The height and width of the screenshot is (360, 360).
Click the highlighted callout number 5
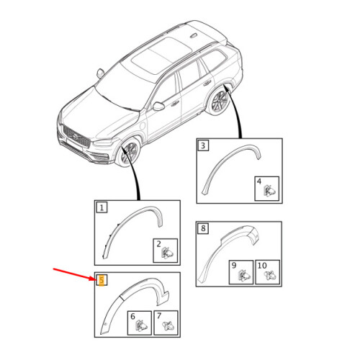(102, 279)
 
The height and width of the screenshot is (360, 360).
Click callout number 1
(102, 208)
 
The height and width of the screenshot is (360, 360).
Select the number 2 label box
(158, 245)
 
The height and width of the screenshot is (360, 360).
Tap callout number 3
(204, 146)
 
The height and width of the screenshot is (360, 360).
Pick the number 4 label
(259, 183)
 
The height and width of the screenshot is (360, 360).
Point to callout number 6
(132, 316)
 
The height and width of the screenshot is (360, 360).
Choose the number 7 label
(158, 316)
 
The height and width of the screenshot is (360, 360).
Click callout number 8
(204, 228)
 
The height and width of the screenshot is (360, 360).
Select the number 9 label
(233, 266)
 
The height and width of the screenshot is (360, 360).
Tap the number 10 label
(262, 266)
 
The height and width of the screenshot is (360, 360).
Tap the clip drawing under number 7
(168, 326)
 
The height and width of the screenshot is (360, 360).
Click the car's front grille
(74, 135)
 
